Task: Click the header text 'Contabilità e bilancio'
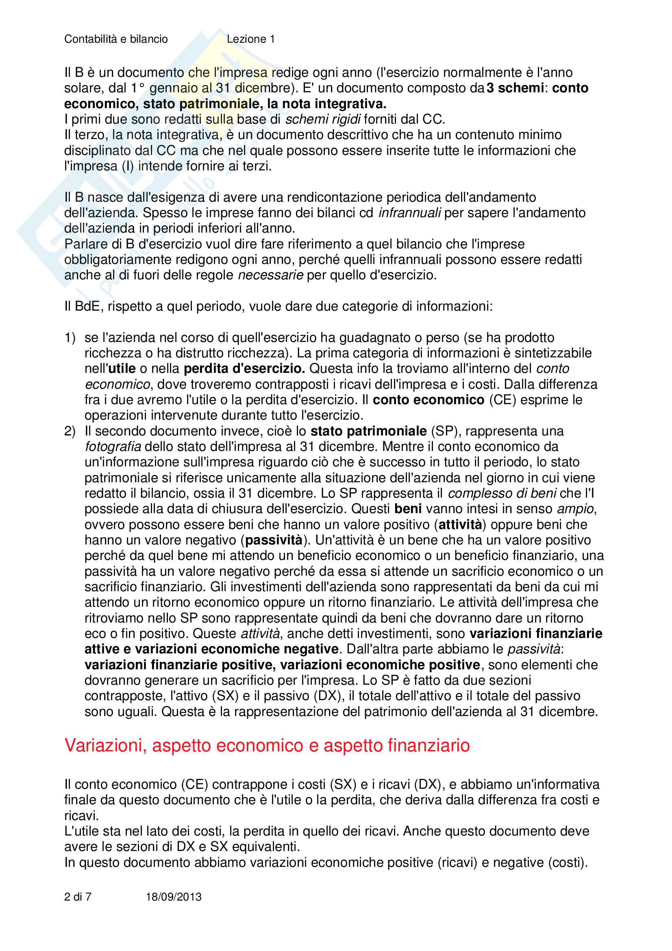coord(116,39)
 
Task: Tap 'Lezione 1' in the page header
coord(250,39)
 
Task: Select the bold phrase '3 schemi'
coord(515,88)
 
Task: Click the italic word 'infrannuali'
coord(409,213)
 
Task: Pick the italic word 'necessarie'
coord(270,275)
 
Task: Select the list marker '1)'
coord(70,337)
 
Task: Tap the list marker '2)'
coord(70,431)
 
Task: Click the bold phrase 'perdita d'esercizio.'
coord(244,369)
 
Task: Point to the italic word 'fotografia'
coord(113,447)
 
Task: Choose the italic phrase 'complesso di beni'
coord(502,493)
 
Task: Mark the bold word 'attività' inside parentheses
coord(460,525)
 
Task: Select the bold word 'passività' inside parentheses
coord(274,540)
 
